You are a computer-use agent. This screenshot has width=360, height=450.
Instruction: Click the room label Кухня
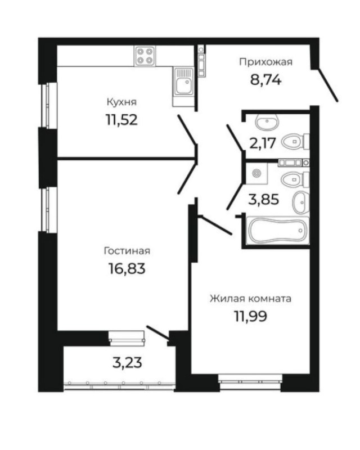[121, 102]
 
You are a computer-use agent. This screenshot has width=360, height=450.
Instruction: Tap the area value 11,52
[122, 120]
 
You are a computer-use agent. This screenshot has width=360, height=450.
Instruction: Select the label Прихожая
[266, 62]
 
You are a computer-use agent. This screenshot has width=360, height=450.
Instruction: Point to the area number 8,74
[265, 80]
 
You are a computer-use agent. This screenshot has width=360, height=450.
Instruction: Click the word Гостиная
[127, 251]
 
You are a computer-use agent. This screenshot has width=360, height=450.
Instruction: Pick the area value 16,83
[127, 269]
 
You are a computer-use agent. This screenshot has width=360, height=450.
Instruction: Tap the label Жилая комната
[250, 299]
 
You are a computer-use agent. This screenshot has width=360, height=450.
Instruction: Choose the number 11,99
[251, 317]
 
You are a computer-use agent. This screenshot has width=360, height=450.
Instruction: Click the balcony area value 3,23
[128, 363]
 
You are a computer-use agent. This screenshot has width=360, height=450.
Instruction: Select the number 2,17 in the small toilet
[263, 143]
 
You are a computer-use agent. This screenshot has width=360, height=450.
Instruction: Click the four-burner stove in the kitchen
[145, 56]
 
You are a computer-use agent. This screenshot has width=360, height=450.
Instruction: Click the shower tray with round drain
[256, 173]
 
